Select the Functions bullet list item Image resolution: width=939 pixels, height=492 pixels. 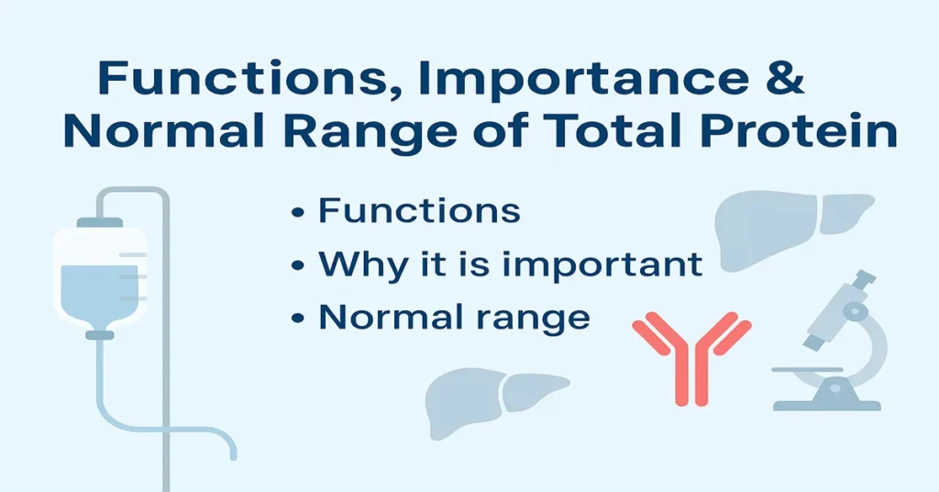click(418, 211)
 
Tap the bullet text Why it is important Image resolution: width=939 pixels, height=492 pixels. click(510, 264)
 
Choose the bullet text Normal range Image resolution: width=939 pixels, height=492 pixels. click(453, 317)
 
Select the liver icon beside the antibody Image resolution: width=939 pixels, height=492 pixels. click(496, 400)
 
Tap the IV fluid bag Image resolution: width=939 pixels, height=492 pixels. click(99, 275)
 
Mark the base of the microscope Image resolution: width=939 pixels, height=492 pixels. click(826, 403)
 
